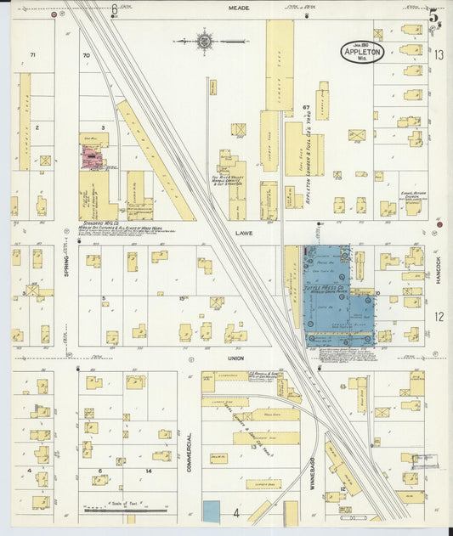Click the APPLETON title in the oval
364,49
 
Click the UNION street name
235,358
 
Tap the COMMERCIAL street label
190,451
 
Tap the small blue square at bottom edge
210,511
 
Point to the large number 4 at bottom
235,513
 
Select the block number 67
304,108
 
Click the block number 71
33,55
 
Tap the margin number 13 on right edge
439,54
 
